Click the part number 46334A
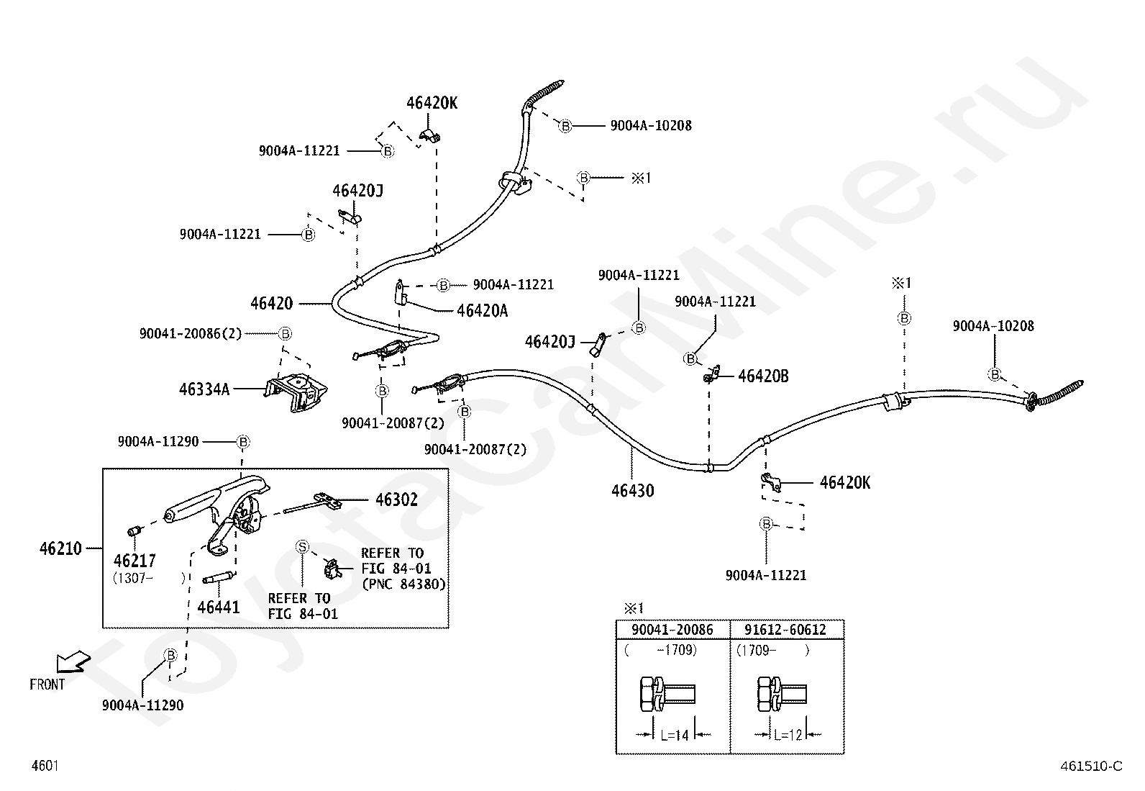click(x=204, y=389)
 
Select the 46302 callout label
click(x=397, y=500)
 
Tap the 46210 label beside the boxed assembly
click(x=60, y=548)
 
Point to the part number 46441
click(x=218, y=607)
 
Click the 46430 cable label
click(x=633, y=491)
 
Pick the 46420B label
click(x=763, y=376)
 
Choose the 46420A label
click(x=482, y=310)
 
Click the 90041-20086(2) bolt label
click(x=190, y=333)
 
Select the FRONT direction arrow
click(x=73, y=661)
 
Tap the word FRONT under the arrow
click(x=47, y=684)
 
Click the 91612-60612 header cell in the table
click(x=785, y=629)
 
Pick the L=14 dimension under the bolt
click(x=674, y=736)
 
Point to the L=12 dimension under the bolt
click(x=788, y=736)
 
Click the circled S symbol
click(x=303, y=547)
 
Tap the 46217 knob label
click(x=134, y=561)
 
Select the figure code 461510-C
click(x=1091, y=766)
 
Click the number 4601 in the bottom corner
click(x=45, y=765)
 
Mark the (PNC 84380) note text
click(x=403, y=584)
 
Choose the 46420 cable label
click(x=271, y=304)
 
